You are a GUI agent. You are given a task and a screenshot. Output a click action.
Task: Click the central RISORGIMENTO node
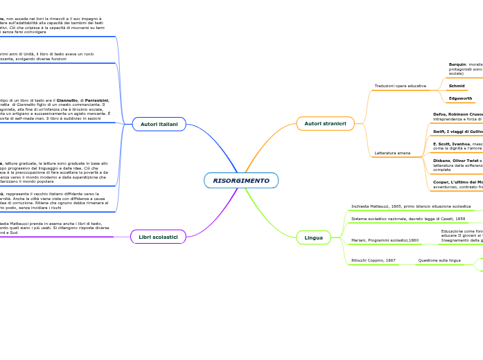(x=241, y=181)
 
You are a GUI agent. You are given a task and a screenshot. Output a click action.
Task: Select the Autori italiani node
(x=159, y=124)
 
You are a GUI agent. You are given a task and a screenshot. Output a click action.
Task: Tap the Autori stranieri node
(x=325, y=123)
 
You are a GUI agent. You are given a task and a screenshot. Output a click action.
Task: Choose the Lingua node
(x=313, y=237)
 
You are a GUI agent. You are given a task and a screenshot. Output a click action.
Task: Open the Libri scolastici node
(x=158, y=237)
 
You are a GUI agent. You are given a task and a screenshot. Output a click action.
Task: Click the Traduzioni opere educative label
(x=401, y=86)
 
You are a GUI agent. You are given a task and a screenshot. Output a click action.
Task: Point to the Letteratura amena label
(x=392, y=152)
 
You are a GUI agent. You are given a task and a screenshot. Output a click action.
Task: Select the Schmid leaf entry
(x=457, y=86)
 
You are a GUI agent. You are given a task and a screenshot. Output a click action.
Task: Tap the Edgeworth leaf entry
(x=460, y=98)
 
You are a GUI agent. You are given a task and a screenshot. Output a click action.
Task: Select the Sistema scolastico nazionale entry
(x=408, y=219)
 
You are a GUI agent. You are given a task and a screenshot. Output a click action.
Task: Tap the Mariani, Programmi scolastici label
(x=385, y=240)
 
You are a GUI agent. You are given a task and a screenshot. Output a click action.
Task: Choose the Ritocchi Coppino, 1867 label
(x=374, y=260)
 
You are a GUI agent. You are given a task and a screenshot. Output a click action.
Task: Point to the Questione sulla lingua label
(x=439, y=260)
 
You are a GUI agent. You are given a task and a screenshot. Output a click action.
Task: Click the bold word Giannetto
(x=67, y=100)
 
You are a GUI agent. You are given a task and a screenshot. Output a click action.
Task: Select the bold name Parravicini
(x=97, y=100)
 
